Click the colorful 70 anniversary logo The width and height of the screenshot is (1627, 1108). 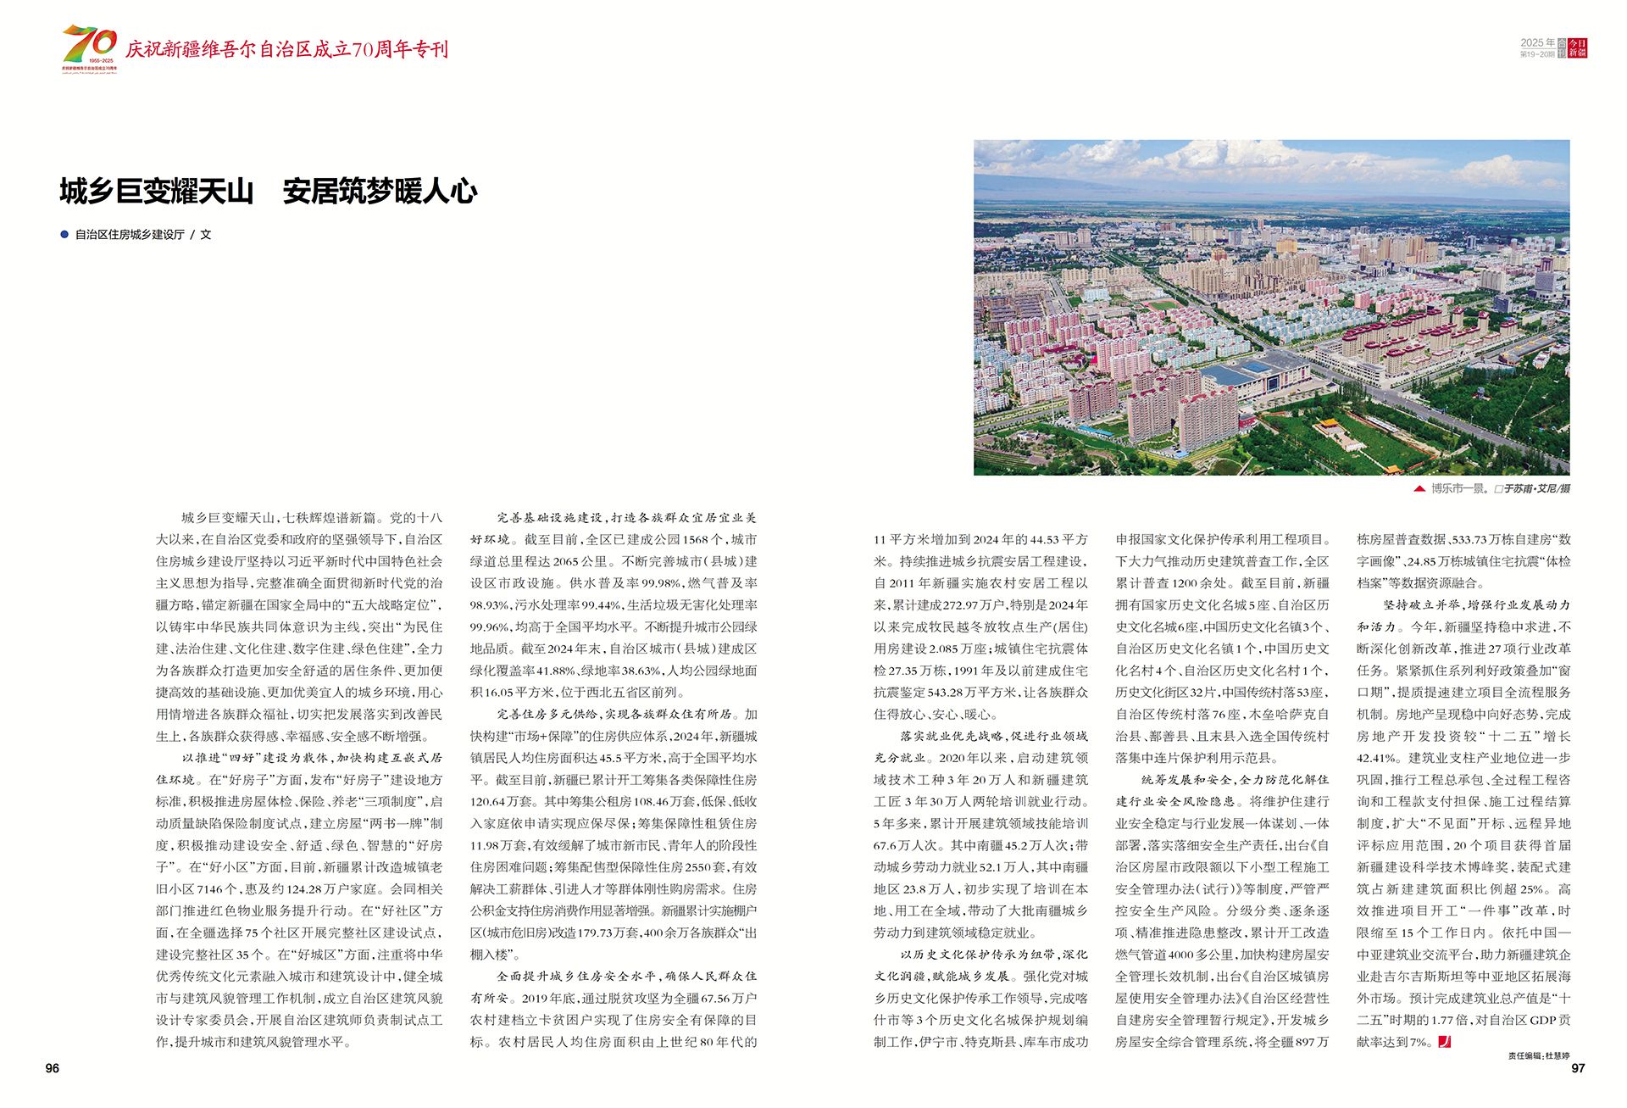click(90, 48)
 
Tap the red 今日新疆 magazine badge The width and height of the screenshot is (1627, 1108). click(1577, 48)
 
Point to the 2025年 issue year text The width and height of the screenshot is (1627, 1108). click(1537, 42)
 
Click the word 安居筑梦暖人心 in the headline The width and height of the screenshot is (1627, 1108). click(380, 192)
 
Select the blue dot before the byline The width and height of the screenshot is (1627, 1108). click(64, 235)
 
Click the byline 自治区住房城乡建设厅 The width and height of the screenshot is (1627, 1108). click(130, 235)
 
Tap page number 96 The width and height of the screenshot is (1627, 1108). click(53, 1068)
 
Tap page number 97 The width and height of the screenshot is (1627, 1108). click(1578, 1068)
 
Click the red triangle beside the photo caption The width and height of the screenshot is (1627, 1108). click(1419, 488)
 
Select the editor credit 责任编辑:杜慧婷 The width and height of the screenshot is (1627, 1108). click(1539, 1055)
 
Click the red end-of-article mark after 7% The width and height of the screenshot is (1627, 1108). click(1445, 1042)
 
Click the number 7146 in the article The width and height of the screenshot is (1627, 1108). click(210, 889)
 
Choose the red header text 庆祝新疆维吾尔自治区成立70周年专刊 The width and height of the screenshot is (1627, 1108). click(286, 49)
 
